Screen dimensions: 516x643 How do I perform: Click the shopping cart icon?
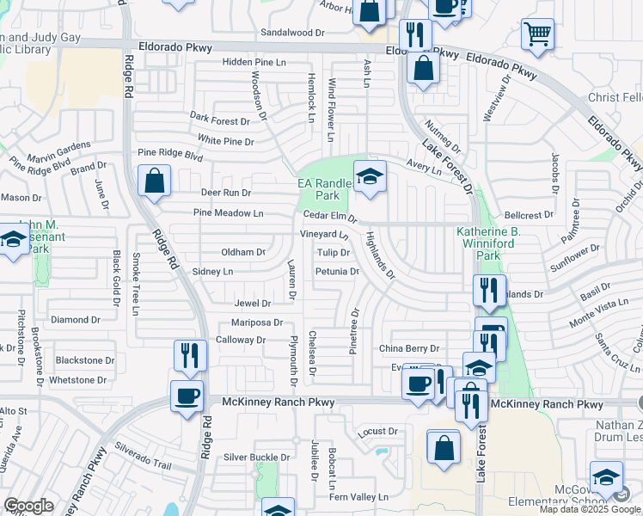pos(537,34)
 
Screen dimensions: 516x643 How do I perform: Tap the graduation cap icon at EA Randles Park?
pos(370,177)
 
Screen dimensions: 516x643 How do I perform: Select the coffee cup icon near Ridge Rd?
pos(187,396)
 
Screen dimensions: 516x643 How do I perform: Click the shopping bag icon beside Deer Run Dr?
pos(155,181)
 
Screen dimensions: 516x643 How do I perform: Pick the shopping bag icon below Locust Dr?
pos(444,447)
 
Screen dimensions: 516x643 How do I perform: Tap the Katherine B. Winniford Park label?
pos(489,243)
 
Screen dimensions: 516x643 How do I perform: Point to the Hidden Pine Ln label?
pos(254,63)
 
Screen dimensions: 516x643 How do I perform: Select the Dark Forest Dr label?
pos(219,121)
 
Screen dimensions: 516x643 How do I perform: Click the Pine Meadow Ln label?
pos(228,213)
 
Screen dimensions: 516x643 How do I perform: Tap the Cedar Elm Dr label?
pos(330,216)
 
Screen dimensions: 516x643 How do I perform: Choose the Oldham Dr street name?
pos(243,252)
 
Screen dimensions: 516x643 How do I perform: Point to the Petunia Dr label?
pos(337,272)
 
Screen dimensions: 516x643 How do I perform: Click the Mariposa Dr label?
pos(257,322)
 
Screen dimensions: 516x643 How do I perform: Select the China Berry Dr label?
pos(409,348)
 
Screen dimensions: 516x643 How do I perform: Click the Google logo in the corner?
pos(28,506)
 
